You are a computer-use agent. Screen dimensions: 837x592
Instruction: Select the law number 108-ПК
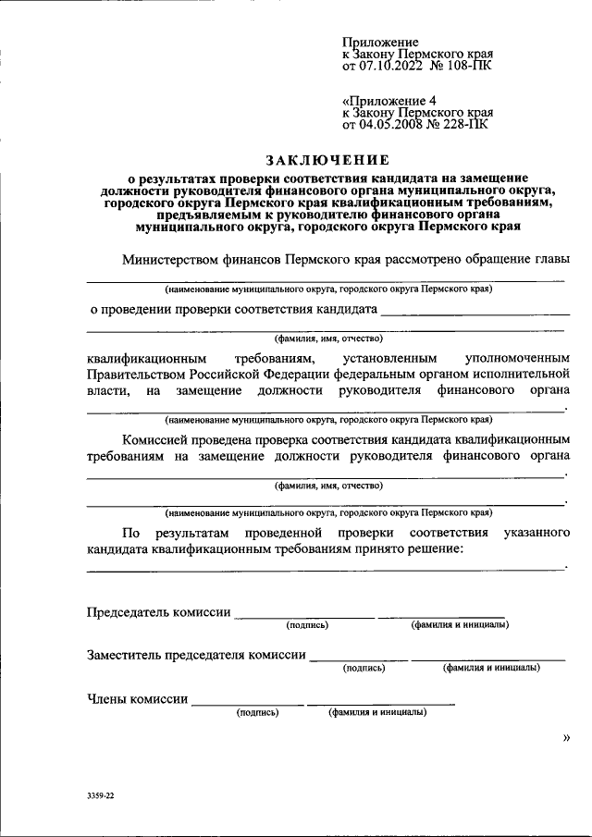(x=470, y=68)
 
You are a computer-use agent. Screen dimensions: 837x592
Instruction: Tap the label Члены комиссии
(x=138, y=699)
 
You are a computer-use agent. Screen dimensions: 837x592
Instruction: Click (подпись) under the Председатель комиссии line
(x=307, y=624)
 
